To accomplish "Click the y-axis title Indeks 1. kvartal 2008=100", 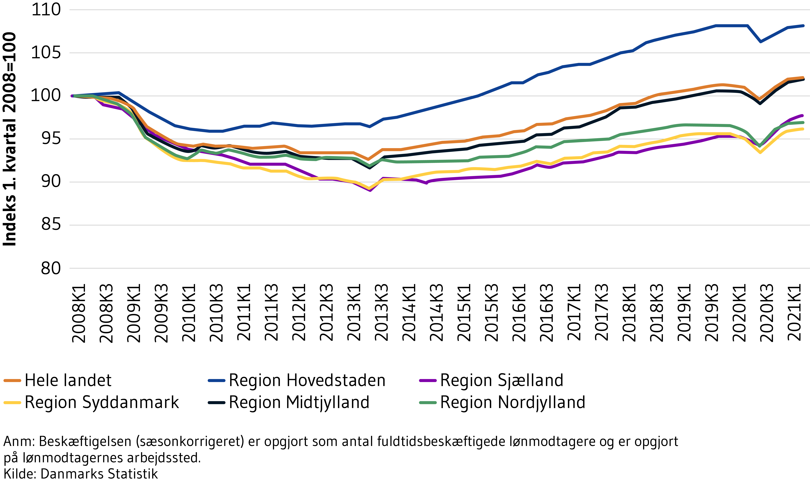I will pyautogui.click(x=10, y=139).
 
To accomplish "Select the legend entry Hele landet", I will pyautogui.click(x=68, y=380).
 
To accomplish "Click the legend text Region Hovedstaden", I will pyautogui.click(x=307, y=380).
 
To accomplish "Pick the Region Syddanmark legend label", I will pyautogui.click(x=102, y=402).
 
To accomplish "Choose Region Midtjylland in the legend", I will pyautogui.click(x=299, y=402).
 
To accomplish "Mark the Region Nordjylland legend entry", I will pyautogui.click(x=512, y=402).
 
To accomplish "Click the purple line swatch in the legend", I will pyautogui.click(x=428, y=380).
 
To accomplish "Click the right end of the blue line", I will pyautogui.click(x=803, y=26).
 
